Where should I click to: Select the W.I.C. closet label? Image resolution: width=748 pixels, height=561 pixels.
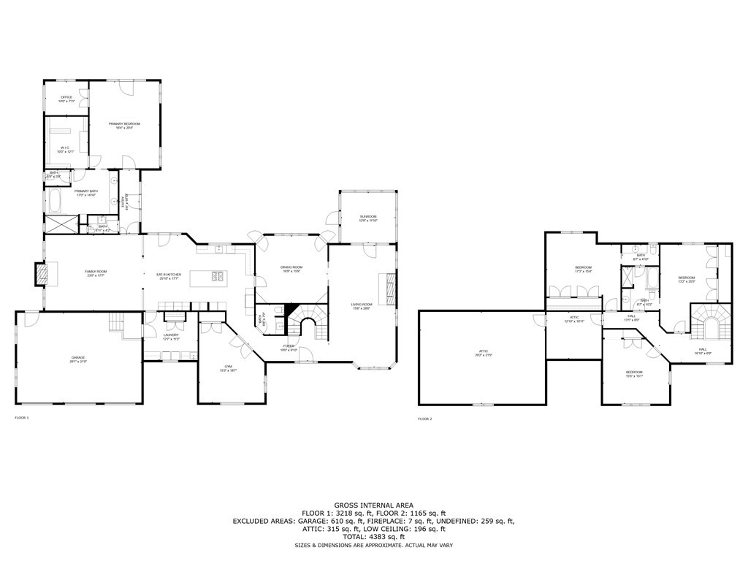coord(66,149)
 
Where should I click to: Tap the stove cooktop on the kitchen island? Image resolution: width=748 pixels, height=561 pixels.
coord(218,275)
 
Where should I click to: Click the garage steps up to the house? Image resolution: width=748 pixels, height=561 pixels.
coord(116,321)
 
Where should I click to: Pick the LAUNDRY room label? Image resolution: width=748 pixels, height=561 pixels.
coord(171,337)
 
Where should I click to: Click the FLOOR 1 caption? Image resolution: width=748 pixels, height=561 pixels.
coord(22,418)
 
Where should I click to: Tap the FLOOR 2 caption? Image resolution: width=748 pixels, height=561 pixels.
coord(425,419)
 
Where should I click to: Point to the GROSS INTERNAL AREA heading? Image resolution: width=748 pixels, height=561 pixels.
coord(373,505)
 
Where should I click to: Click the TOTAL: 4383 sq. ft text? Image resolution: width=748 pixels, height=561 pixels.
coord(373,537)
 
